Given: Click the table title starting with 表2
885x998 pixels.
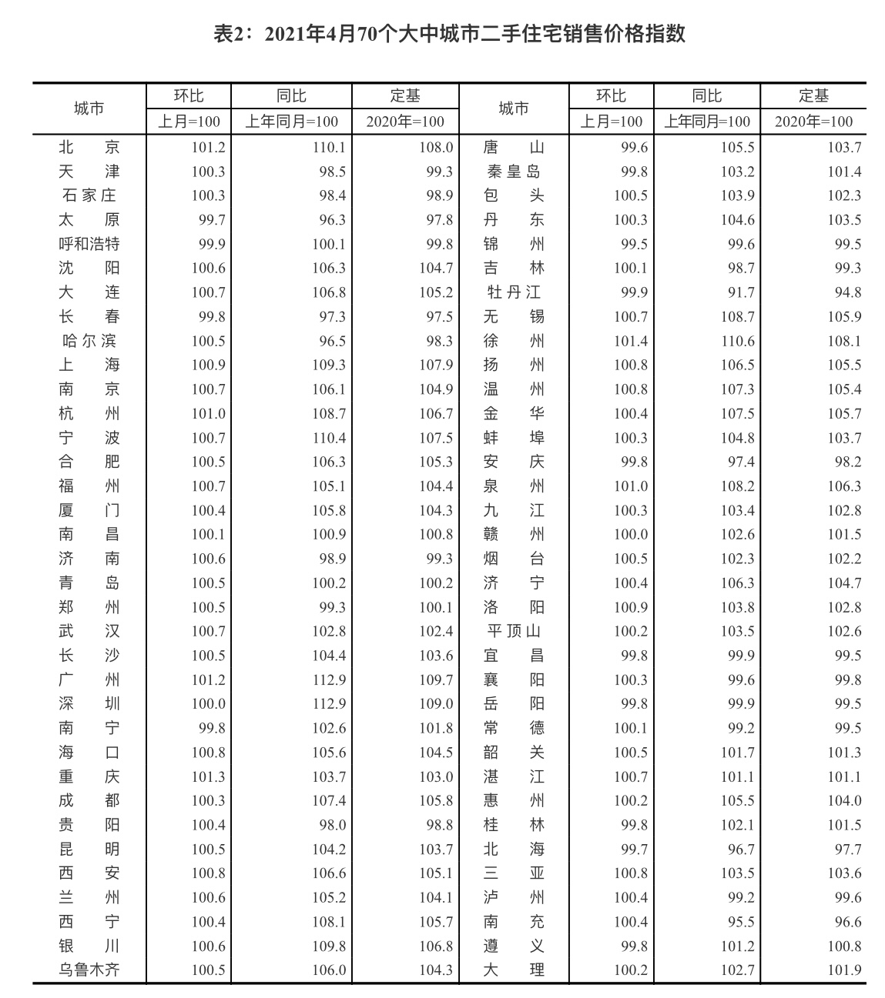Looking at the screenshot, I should tap(449, 35).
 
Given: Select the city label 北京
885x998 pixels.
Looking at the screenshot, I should tap(89, 147).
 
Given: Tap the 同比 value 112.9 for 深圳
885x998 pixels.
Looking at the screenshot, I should tap(329, 704).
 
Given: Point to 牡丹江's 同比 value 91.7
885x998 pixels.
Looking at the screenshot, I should tap(737, 292).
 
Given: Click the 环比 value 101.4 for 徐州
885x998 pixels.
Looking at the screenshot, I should tap(631, 341).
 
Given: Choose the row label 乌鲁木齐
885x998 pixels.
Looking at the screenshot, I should tap(89, 970).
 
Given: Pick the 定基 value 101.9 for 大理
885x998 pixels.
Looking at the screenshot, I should tap(844, 970).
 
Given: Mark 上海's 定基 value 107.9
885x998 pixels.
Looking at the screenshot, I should tap(436, 365).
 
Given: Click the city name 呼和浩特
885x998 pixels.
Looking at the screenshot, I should tap(89, 244).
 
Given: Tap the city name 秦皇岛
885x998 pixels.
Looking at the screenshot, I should tap(514, 172).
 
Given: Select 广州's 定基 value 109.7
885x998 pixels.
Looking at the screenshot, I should tap(436, 680).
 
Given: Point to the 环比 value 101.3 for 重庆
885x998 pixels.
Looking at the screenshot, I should tap(208, 776).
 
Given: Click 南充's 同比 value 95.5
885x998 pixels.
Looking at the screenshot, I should tap(737, 922).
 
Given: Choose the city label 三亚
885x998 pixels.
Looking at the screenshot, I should tap(514, 873).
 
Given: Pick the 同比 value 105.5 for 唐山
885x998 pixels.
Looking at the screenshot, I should tap(737, 147).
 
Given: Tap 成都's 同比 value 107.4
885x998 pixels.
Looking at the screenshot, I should tap(329, 801).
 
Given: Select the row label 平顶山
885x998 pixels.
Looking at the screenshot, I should tap(514, 632).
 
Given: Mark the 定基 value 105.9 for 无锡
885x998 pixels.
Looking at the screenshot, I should tap(844, 317).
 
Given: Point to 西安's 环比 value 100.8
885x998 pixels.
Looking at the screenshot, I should tap(208, 873).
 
